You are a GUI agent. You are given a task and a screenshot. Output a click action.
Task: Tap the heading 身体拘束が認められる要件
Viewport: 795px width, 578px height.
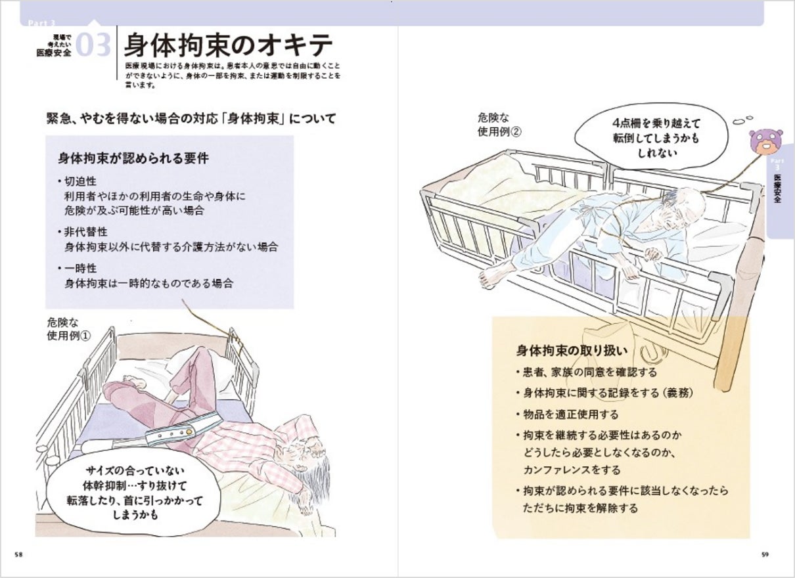coord(133,158)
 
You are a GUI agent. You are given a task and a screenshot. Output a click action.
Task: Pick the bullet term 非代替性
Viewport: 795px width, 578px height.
coord(85,232)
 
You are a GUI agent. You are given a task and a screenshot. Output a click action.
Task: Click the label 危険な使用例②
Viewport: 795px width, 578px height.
coord(499,125)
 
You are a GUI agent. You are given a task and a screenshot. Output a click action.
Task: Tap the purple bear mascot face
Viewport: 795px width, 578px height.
coord(765,140)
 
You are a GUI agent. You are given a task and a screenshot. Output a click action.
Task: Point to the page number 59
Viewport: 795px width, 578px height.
coord(765,555)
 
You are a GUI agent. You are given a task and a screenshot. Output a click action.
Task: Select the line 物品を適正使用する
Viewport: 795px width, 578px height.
coord(570,414)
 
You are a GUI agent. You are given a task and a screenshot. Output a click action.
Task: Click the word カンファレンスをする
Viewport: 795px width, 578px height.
coord(572,470)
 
